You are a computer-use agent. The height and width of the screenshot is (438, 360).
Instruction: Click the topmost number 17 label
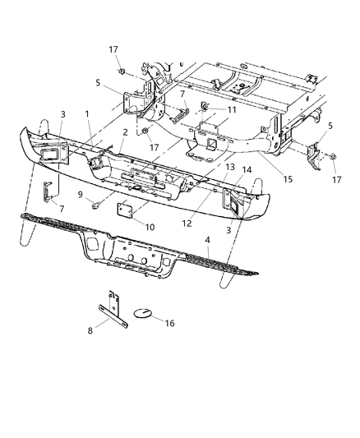tap(113, 50)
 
